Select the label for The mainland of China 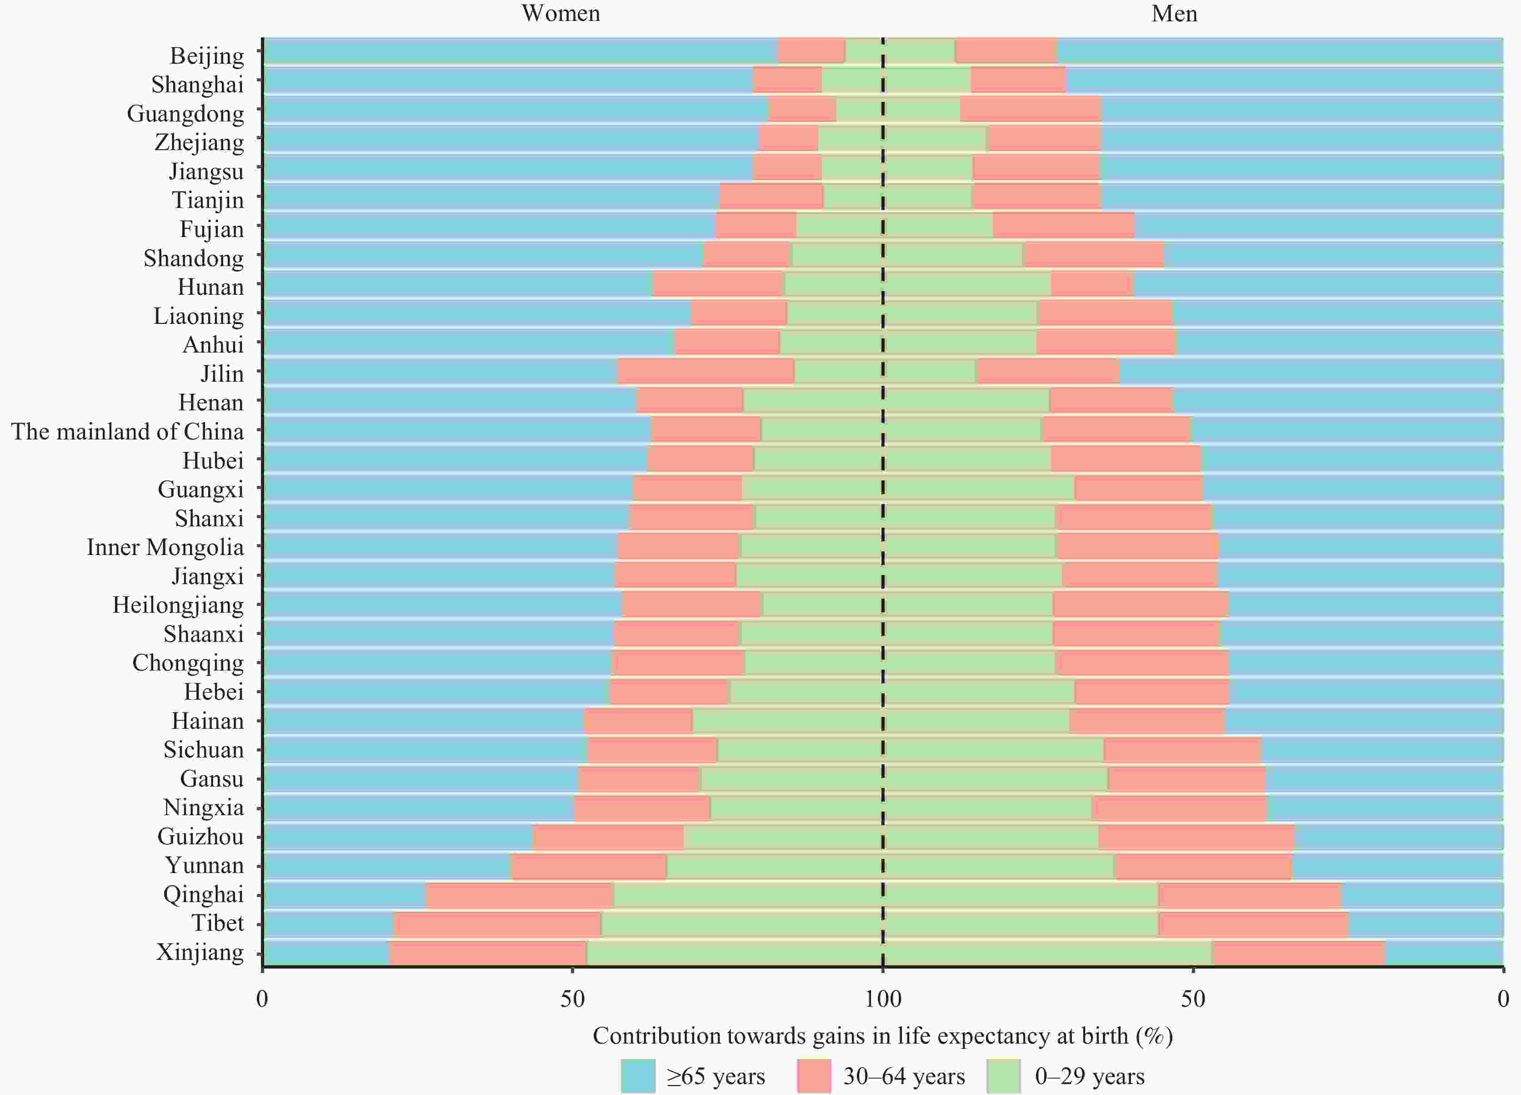[127, 431]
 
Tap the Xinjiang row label [200, 952]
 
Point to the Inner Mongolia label [165, 548]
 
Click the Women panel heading [560, 13]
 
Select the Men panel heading [1174, 13]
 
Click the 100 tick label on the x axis [883, 999]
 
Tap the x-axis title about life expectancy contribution [883, 1036]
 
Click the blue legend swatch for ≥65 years [638, 1076]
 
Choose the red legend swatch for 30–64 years [814, 1076]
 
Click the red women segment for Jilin [706, 372]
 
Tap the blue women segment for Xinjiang [326, 953]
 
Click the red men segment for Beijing [1006, 51]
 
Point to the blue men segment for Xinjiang [1443, 953]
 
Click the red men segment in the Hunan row [1092, 284]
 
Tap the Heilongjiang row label [178, 605]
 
